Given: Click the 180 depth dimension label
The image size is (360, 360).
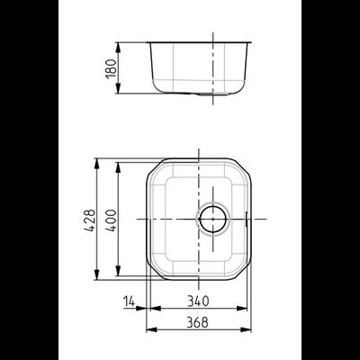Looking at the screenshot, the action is coord(111,68).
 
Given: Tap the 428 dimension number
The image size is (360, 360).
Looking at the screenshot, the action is coord(90,220).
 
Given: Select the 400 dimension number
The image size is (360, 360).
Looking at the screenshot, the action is coord(112,220).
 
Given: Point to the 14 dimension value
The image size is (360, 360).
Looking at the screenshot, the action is coord(129,301).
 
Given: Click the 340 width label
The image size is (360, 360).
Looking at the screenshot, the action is coord(198,301).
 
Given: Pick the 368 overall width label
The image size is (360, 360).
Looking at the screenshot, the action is coord(197,322).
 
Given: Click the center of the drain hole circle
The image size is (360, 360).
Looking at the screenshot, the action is coord(212,219).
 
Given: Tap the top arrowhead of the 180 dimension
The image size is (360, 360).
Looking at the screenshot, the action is coord(118,48).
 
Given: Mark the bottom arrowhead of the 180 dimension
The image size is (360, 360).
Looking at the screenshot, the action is coord(118,88).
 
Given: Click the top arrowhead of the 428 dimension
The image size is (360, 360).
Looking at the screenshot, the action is coord(96,164).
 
